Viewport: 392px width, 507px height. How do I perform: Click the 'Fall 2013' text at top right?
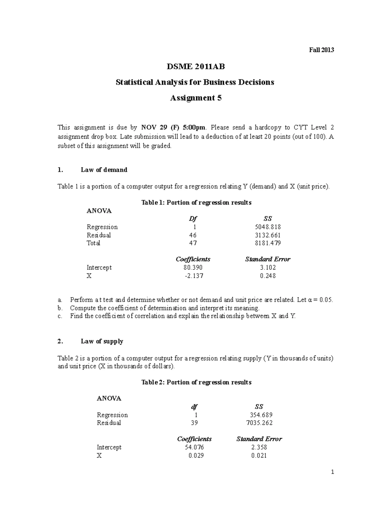tap(321, 50)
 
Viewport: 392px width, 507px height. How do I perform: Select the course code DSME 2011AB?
tap(196, 67)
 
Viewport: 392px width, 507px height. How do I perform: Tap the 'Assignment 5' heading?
tap(196, 98)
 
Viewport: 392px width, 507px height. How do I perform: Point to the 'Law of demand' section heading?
tap(104, 170)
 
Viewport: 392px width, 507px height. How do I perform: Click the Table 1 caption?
tap(196, 203)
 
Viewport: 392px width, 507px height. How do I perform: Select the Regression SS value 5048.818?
tap(269, 227)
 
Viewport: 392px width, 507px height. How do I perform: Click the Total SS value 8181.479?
tap(269, 243)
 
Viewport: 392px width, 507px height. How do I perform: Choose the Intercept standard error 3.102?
tap(268, 268)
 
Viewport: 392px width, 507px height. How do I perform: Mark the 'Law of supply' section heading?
tap(102, 341)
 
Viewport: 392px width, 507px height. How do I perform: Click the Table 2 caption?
tap(196, 382)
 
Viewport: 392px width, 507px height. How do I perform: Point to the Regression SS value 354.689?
tap(260, 415)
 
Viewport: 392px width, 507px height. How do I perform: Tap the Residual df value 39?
tap(194, 423)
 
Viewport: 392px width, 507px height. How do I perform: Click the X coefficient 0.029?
tap(196, 456)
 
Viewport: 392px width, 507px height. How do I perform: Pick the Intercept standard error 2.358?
tap(259, 448)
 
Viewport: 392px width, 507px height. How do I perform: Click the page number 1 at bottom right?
tap(332, 472)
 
